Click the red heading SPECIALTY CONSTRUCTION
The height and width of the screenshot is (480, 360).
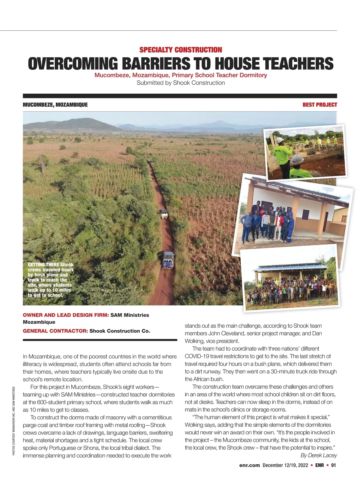[181, 50]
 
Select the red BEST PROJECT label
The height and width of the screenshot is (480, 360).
[319, 105]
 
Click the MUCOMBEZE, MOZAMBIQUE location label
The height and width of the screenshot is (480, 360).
[55, 105]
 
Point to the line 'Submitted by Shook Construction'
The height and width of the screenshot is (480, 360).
[181, 83]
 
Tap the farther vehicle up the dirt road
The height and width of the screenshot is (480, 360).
[163, 213]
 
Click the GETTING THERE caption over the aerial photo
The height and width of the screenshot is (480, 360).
[50, 280]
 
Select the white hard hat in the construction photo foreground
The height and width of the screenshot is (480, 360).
[297, 159]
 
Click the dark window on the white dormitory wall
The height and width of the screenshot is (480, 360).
[305, 214]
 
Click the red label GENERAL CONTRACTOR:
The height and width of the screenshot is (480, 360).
[55, 331]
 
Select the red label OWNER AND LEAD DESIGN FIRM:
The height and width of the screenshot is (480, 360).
[66, 315]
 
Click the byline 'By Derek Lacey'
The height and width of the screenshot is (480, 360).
[319, 455]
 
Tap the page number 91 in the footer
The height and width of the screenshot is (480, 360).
[333, 465]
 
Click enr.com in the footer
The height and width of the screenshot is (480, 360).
[249, 465]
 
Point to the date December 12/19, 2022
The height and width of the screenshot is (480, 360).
[285, 465]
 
